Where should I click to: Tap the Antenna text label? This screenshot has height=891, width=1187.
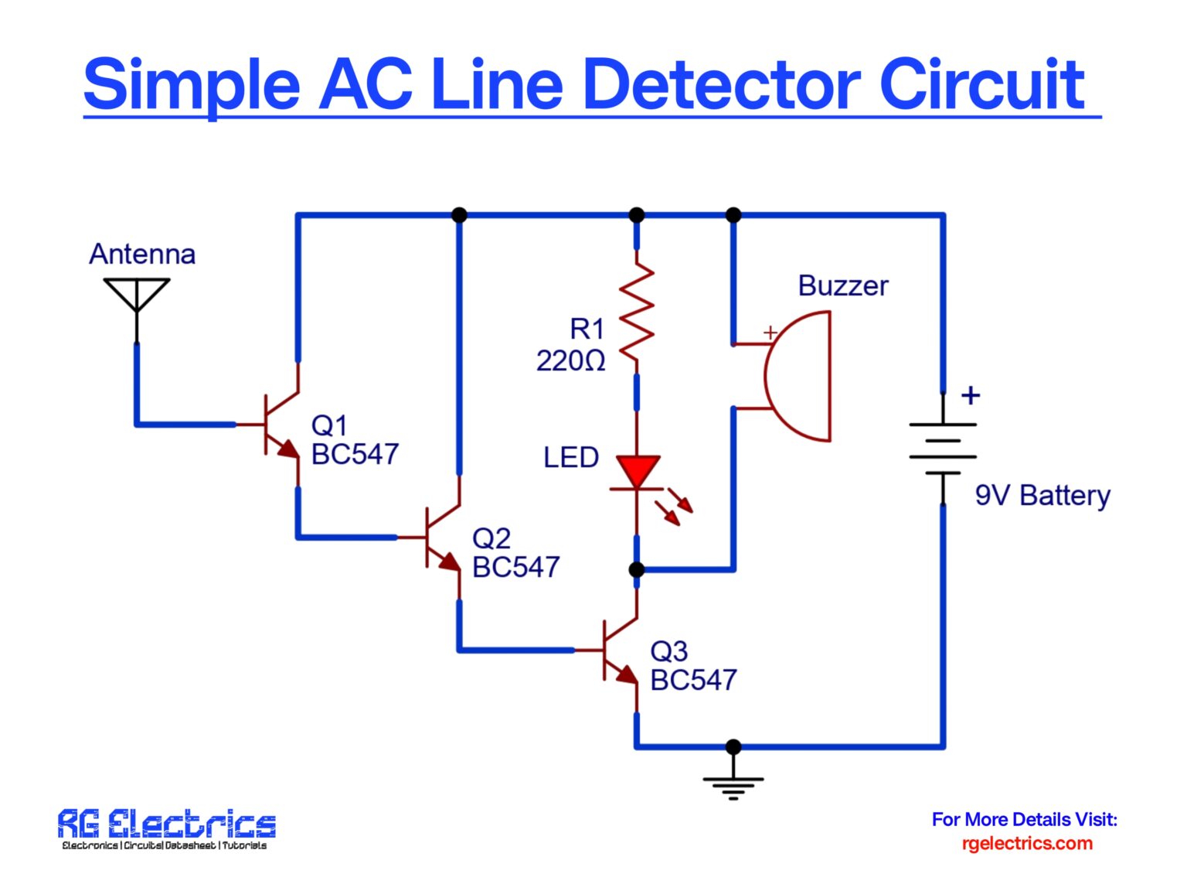coord(141,254)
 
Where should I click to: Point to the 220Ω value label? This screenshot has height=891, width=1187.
coord(570,360)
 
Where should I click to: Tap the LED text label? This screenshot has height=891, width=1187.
coord(570,457)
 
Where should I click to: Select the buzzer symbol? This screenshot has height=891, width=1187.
coord(796,376)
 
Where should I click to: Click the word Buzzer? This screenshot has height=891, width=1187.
coord(842,285)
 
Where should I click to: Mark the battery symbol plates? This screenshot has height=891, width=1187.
coord(943,449)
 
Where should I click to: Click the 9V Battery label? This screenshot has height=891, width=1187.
coord(1042,495)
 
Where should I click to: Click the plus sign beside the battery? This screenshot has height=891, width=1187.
coord(971,395)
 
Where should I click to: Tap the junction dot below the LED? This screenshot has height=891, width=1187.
coord(637,570)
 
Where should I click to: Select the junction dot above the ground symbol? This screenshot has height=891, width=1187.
coord(733,746)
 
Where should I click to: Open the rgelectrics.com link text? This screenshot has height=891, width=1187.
coord(1026,843)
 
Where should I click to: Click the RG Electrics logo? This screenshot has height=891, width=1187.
coord(166,828)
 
